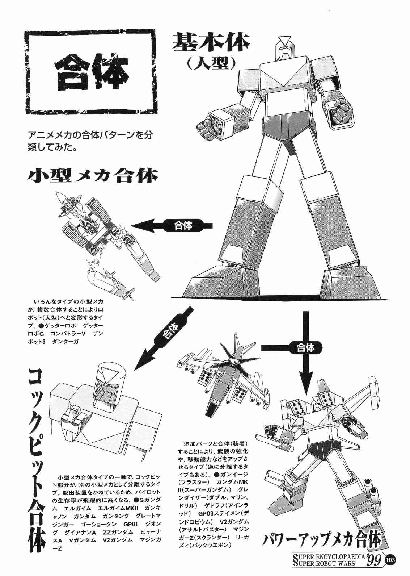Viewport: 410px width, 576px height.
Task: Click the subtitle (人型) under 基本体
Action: (x=211, y=63)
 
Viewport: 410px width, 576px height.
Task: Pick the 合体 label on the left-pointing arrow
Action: (x=183, y=225)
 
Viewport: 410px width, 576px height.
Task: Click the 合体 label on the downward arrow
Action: (x=305, y=348)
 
